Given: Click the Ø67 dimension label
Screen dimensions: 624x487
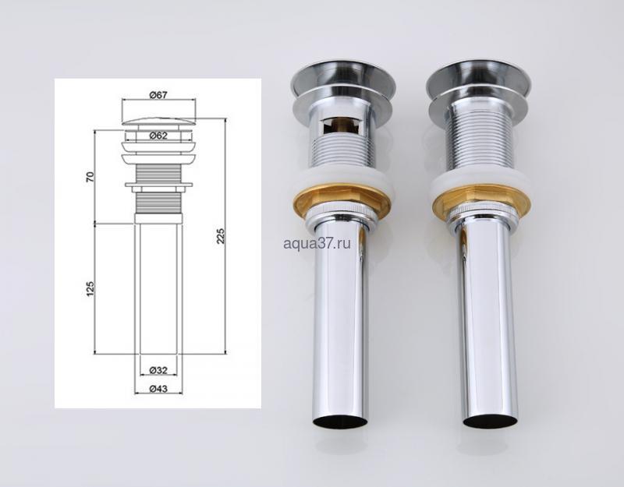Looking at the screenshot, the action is click(158, 95).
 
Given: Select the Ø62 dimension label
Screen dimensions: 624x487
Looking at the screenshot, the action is click(158, 136).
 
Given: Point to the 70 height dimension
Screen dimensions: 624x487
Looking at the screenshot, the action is click(90, 177).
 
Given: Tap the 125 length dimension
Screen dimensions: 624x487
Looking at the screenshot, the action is click(90, 288).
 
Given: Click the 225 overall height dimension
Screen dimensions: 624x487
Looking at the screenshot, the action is click(221, 236).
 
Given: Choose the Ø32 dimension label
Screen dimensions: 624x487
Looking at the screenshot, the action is click(158, 371).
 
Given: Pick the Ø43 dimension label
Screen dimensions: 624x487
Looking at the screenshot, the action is click(158, 389).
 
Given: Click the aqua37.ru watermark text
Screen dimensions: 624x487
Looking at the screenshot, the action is click(317, 243).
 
